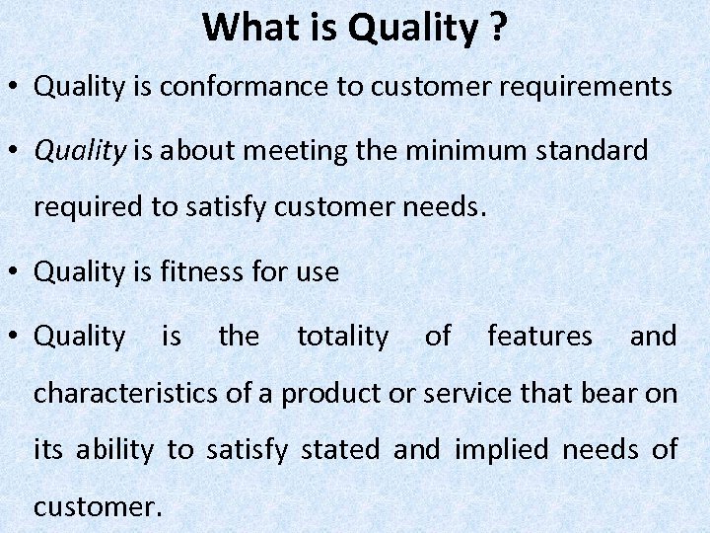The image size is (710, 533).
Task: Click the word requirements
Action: coord(586,87)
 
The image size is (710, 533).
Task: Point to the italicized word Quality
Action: coord(80,151)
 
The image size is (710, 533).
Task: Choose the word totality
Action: coord(342,337)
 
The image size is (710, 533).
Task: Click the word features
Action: coord(539,337)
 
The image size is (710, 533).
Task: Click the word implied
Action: coord(500,450)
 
